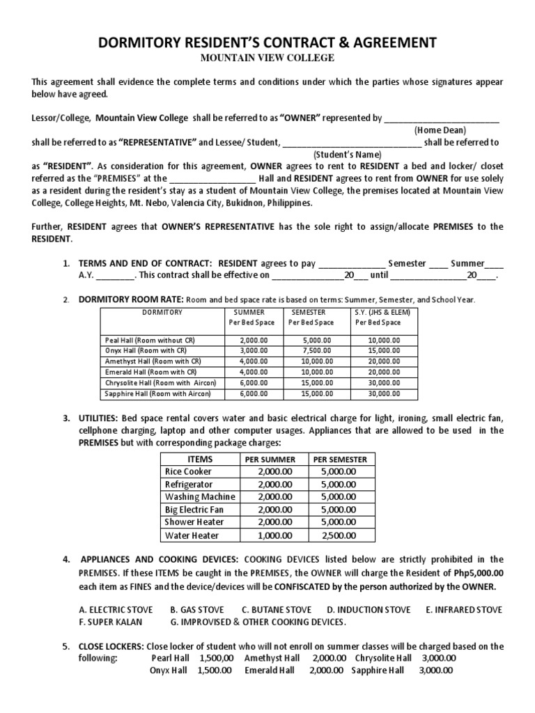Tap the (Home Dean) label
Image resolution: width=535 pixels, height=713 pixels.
pos(440,130)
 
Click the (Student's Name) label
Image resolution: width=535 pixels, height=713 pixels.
pos(345,155)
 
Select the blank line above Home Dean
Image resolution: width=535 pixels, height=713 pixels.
pos(442,118)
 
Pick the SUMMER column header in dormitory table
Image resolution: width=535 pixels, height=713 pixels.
pos(249,312)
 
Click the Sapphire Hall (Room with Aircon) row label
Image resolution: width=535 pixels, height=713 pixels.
pos(161,394)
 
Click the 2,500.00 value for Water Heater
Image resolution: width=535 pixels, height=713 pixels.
pos(339,535)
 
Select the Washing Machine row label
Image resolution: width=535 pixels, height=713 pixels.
pos(199,497)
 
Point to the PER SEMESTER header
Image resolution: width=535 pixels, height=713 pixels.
pos(339,460)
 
